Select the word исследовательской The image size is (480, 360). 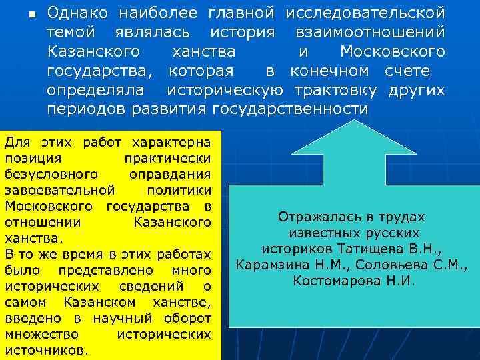(x=365, y=13)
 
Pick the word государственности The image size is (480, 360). (x=290, y=109)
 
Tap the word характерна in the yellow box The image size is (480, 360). (x=172, y=142)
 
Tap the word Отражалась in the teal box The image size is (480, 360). (x=313, y=217)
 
